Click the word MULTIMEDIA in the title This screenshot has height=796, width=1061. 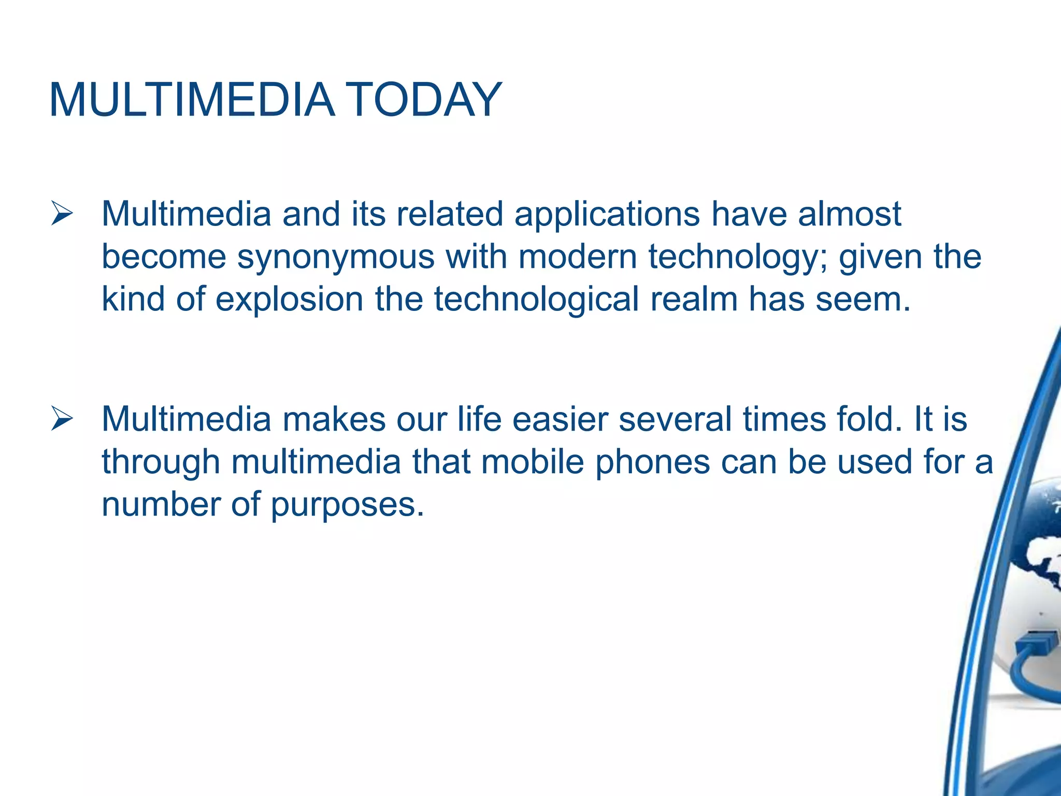pos(192,99)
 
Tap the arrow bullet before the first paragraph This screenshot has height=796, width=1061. pos(62,215)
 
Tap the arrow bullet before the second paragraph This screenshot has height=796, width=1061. pos(62,419)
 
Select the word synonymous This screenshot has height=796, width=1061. pos(335,257)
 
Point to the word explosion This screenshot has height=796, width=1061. pos(289,300)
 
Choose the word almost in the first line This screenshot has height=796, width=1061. pos(849,215)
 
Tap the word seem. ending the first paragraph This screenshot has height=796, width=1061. pos(863,300)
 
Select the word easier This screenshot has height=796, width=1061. pos(560,419)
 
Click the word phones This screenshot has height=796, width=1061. pos(652,462)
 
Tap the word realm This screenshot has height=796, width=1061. pos(694,300)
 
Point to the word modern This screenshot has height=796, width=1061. pos(577,257)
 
